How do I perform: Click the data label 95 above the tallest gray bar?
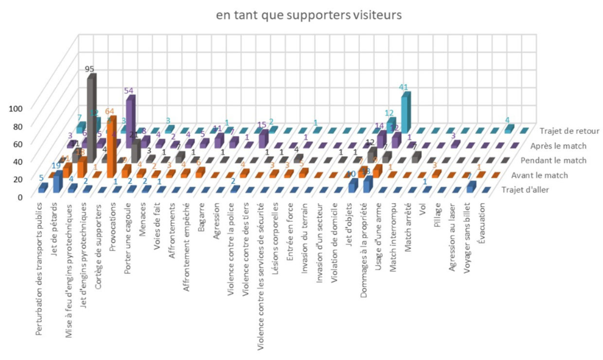[90, 68]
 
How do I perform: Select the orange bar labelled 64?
[111, 144]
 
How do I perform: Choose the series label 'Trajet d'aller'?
[532, 189]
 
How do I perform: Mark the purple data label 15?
[261, 125]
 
